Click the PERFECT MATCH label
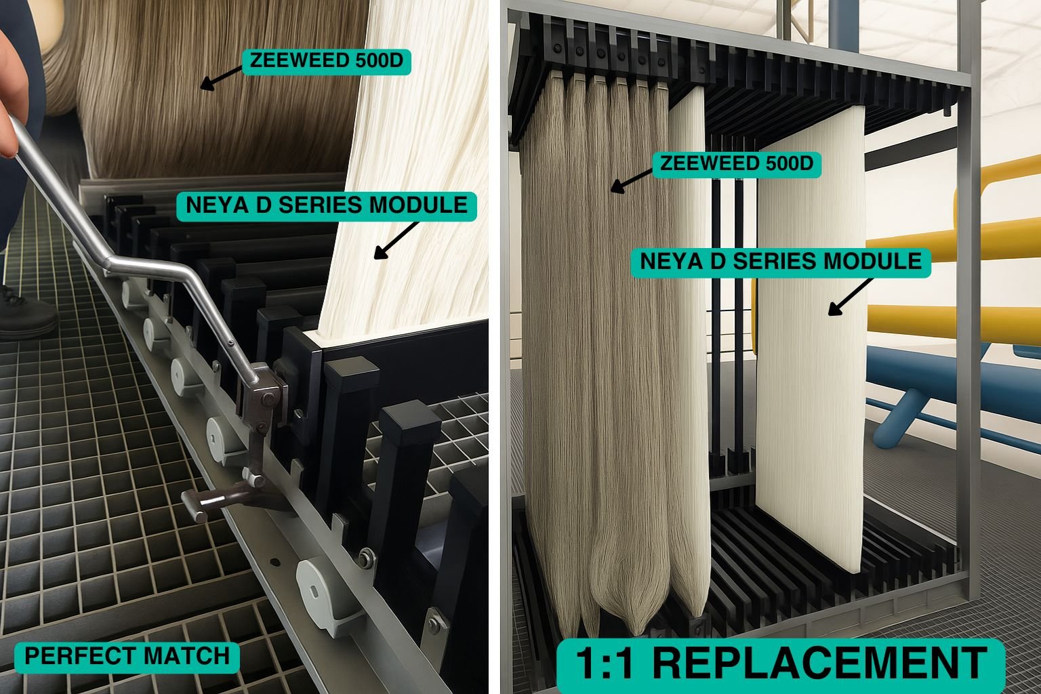pos(127,657)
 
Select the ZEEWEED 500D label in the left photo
pos(326,62)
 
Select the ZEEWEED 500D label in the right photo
pos(737,164)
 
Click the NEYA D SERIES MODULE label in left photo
pos(327,206)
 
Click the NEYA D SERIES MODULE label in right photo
pos(781,262)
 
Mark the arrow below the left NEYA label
pos(396,241)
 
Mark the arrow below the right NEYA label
pos(851,297)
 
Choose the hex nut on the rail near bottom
pos(367,556)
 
